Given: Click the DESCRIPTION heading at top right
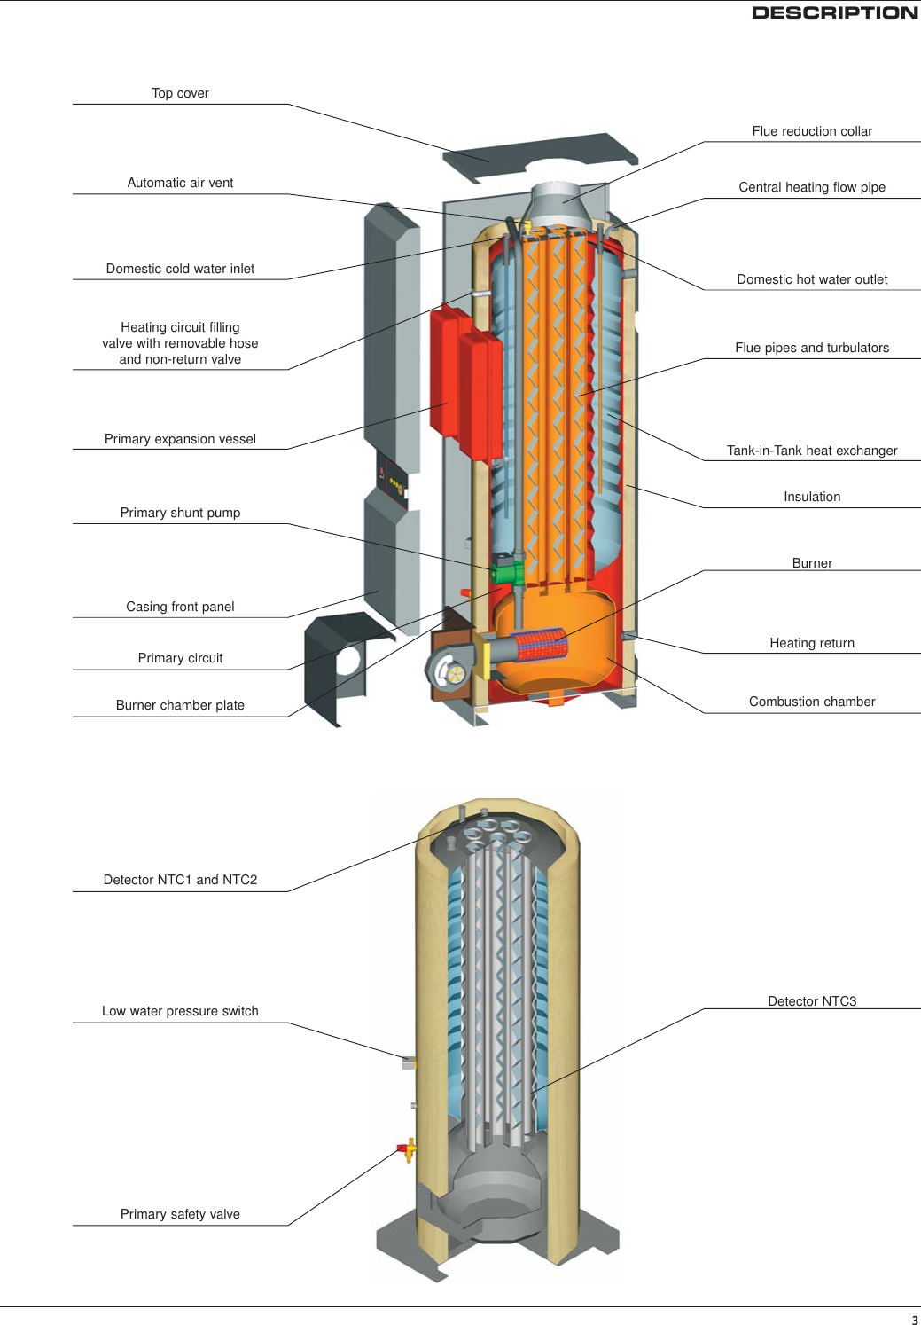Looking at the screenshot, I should [834, 12].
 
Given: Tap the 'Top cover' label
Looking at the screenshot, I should [180, 93].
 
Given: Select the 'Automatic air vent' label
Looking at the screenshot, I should [180, 183].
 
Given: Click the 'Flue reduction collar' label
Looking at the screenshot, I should [812, 131].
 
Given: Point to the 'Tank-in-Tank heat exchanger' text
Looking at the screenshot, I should [812, 451].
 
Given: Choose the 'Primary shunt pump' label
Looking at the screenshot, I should [180, 513].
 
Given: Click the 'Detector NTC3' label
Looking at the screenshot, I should [812, 1001].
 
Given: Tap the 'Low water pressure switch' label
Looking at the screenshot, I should [180, 1011].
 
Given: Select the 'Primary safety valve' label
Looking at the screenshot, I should [180, 1214].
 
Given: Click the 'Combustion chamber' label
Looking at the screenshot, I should [812, 702].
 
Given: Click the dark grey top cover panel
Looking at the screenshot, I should [541, 155].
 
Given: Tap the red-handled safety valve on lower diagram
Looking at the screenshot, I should [407, 1150].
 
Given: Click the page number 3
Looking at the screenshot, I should [915, 1320].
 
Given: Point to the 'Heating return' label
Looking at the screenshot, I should [812, 643].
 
